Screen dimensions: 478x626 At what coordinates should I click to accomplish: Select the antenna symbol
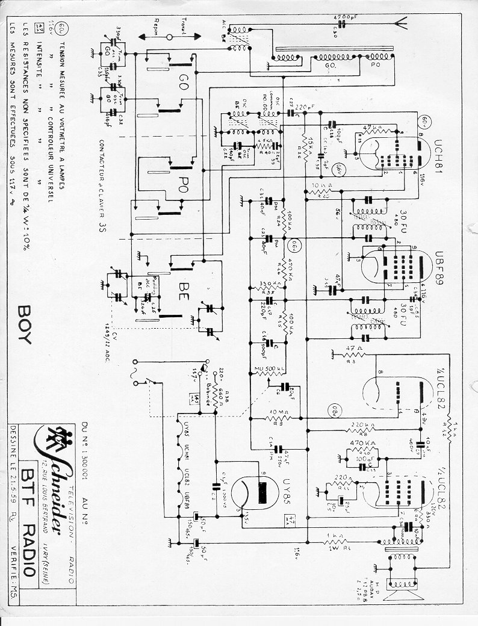399,25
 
